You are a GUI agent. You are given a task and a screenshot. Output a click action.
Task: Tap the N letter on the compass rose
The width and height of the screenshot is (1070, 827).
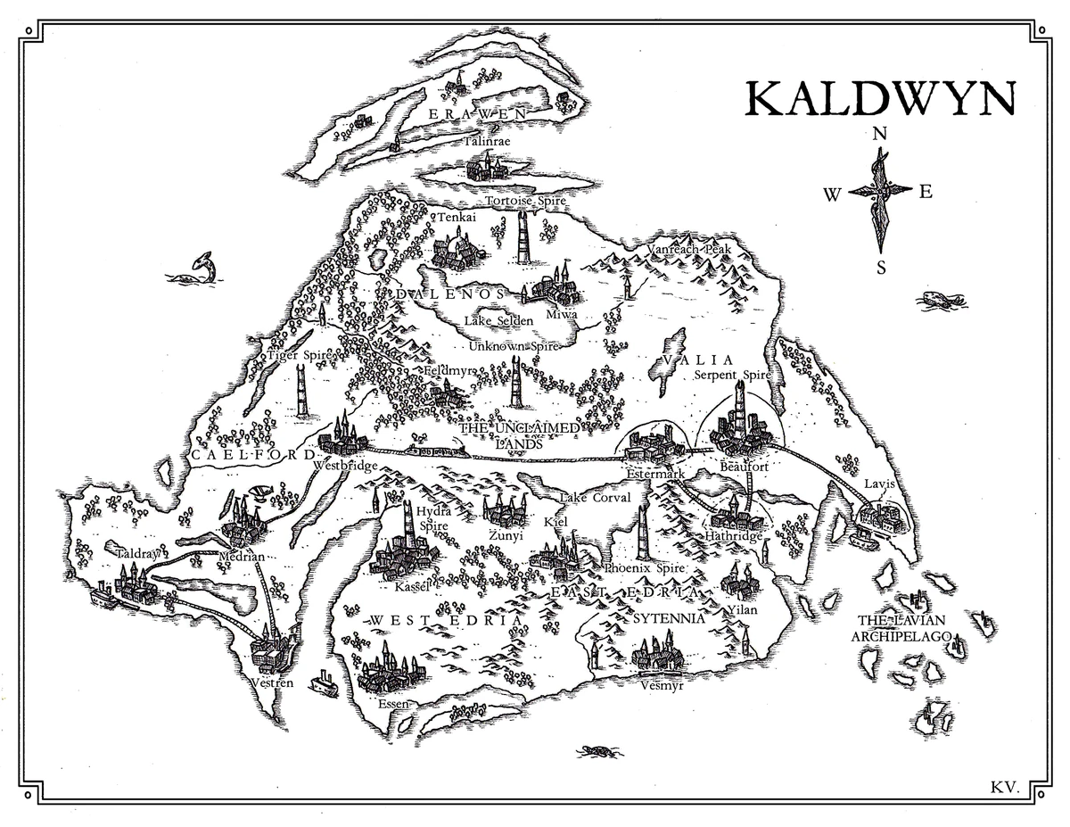[880, 134]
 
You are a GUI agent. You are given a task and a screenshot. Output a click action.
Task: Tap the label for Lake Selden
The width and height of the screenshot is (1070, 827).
[498, 320]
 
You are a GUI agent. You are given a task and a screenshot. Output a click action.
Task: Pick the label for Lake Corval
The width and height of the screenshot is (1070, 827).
[595, 498]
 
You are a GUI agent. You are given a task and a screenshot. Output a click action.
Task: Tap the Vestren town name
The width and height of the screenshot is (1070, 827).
[273, 682]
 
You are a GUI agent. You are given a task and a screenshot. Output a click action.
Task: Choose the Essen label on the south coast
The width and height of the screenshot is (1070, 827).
[393, 704]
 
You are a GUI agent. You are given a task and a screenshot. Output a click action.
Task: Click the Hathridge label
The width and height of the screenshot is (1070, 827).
[734, 537]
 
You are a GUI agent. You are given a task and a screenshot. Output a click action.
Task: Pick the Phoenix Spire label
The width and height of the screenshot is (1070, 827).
[644, 567]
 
